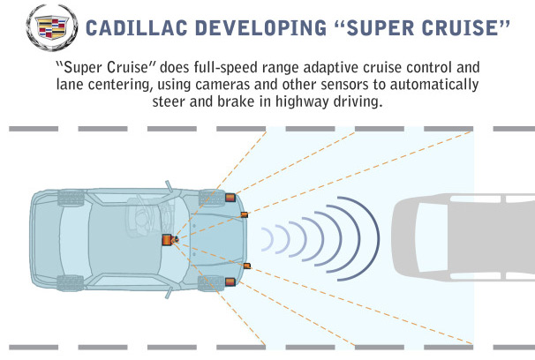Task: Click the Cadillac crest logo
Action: pyautogui.click(x=52, y=27)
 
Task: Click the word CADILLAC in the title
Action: pyautogui.click(x=137, y=28)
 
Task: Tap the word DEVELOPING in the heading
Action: pyautogui.click(x=260, y=28)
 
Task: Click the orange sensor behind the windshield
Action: pyautogui.click(x=167, y=240)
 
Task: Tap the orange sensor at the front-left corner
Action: pyautogui.click(x=230, y=198)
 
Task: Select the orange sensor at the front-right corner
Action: pyautogui.click(x=230, y=282)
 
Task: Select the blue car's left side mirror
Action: pyautogui.click(x=170, y=186)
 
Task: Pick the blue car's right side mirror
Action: pyautogui.click(x=170, y=293)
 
